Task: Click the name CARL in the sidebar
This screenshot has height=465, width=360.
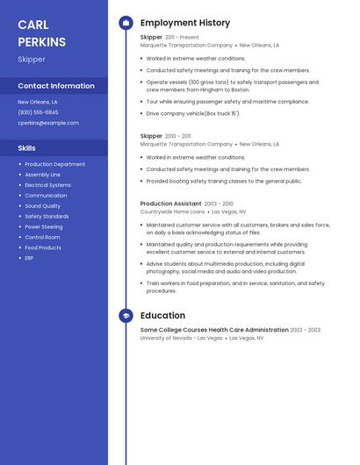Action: [x=33, y=25]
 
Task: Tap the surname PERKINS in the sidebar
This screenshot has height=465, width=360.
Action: [x=41, y=42]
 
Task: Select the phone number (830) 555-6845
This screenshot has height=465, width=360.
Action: [x=38, y=112]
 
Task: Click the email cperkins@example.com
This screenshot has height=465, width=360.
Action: [x=48, y=123]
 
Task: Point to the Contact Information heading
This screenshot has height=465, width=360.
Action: [x=56, y=86]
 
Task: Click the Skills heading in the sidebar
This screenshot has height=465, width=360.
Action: [x=26, y=148]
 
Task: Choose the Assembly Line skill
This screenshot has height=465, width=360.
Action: [x=43, y=175]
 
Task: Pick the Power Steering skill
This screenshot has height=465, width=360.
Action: [x=44, y=226]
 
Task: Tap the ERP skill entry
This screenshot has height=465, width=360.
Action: [x=29, y=258]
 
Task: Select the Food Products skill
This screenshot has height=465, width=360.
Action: [x=43, y=247]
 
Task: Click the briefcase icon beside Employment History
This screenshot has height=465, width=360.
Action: [x=126, y=23]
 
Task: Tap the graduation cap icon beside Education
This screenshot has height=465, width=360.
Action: [x=126, y=316]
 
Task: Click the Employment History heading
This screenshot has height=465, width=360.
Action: [x=185, y=23]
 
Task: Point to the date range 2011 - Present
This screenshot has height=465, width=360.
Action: [x=182, y=38]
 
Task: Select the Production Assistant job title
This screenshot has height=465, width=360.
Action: [x=170, y=204]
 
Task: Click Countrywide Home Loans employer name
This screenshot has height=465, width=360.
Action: [x=172, y=211]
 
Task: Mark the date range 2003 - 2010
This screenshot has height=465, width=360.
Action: [x=219, y=204]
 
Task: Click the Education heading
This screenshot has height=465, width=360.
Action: [x=162, y=316]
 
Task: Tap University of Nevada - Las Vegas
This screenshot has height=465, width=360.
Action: [x=181, y=338]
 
